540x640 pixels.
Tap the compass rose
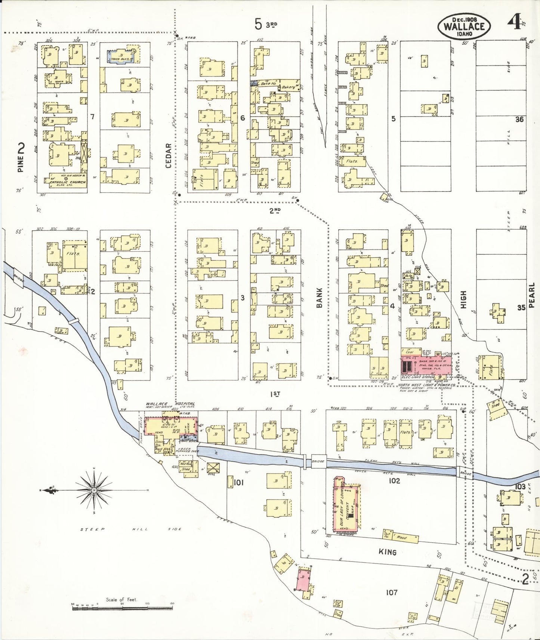coord(93,490)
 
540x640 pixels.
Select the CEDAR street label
coord(168,155)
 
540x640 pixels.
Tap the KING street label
coord(387,552)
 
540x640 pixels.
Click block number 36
coord(519,119)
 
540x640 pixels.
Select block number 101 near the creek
coord(238,482)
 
